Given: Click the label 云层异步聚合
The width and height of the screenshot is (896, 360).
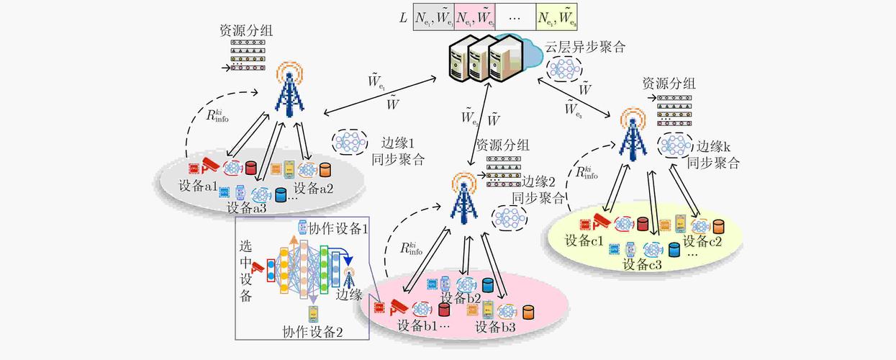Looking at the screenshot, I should pyautogui.click(x=584, y=48).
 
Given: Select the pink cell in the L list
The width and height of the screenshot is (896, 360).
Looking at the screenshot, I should pyautogui.click(x=474, y=16).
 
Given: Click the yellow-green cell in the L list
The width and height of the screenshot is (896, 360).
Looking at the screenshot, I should pyautogui.click(x=556, y=16).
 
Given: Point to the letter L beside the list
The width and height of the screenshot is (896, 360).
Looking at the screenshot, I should pyautogui.click(x=404, y=16).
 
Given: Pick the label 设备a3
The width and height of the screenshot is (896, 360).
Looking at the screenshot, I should pyautogui.click(x=247, y=208).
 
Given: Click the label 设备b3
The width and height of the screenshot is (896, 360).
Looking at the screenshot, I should pyautogui.click(x=495, y=327).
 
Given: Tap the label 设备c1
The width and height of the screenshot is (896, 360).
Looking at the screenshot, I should pyautogui.click(x=584, y=240).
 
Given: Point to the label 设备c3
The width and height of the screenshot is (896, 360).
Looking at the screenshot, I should pyautogui.click(x=642, y=264).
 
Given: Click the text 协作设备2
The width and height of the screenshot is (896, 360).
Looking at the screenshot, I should pyautogui.click(x=312, y=332).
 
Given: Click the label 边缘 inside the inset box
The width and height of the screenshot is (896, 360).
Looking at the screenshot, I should pyautogui.click(x=350, y=294).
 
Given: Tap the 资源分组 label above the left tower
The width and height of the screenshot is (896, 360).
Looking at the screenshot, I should pyautogui.click(x=246, y=32).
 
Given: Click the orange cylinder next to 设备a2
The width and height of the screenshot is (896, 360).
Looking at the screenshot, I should pyautogui.click(x=325, y=170).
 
